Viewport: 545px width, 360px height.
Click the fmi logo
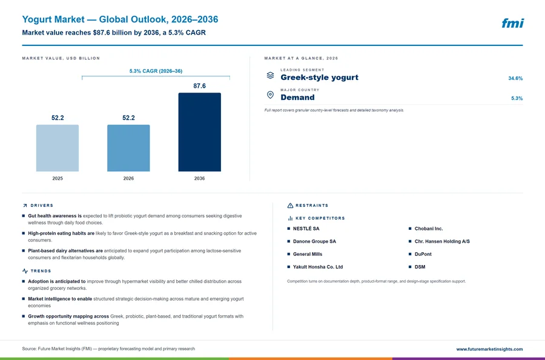[513, 23]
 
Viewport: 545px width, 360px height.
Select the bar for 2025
[58, 148]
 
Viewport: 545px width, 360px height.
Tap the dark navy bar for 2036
[199, 132]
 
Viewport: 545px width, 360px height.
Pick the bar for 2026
[128, 148]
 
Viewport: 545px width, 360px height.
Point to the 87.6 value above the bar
[199, 86]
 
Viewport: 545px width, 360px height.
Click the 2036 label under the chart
[199, 178]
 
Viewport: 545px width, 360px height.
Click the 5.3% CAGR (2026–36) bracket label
[156, 71]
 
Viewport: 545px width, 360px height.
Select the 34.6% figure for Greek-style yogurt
[515, 78]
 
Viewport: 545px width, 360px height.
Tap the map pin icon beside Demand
[270, 95]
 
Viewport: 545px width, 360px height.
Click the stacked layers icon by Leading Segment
[270, 75]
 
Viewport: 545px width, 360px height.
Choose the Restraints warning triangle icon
[290, 206]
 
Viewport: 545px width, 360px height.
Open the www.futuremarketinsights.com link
[489, 349]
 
